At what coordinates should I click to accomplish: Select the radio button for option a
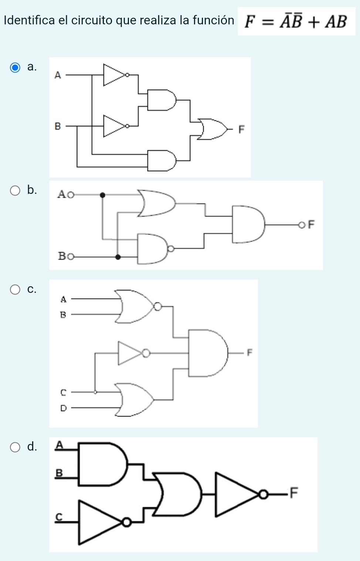coord(15,68)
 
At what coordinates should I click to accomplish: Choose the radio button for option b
coord(15,191)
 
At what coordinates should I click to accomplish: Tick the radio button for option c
coord(15,290)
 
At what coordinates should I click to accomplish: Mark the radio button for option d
coord(15,448)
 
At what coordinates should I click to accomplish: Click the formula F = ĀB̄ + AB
coord(296,22)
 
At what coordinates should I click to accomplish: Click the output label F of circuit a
coord(241,130)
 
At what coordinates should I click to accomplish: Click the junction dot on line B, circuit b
coord(118,257)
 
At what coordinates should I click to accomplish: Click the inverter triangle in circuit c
coord(129,353)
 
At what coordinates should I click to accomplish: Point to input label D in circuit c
coord(63,408)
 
